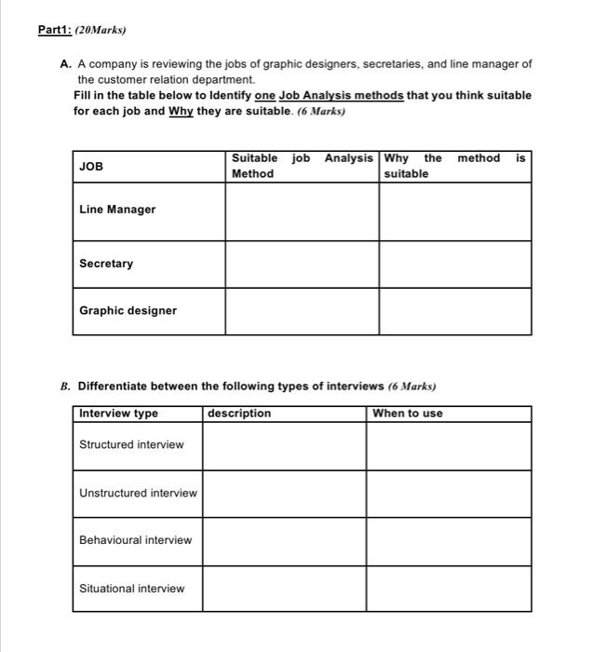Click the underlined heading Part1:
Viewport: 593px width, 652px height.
(x=57, y=30)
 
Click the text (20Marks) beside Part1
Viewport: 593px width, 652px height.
(x=101, y=30)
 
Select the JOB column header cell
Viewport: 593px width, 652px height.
(x=91, y=167)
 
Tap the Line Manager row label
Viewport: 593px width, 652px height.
(x=117, y=210)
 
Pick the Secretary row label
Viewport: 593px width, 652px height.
(x=106, y=264)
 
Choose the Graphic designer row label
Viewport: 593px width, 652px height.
(x=128, y=311)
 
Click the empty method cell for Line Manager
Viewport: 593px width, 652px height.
(x=302, y=212)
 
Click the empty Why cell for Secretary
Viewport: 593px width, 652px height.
(x=454, y=265)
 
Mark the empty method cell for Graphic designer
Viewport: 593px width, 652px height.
(x=302, y=311)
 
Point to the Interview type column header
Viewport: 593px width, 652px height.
(x=119, y=414)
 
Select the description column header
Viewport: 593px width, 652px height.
(x=240, y=414)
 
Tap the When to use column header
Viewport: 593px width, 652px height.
(x=408, y=414)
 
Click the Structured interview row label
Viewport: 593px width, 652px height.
(x=131, y=444)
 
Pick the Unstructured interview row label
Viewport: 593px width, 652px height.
(x=138, y=493)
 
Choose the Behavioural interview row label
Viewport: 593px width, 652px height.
(x=135, y=540)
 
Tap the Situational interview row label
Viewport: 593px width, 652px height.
(x=131, y=589)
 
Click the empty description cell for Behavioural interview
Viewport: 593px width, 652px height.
(x=284, y=541)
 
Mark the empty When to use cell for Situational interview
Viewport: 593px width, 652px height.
(x=448, y=589)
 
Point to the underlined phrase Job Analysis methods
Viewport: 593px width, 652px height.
(x=342, y=95)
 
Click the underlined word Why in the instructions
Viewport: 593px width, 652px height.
(x=181, y=111)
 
